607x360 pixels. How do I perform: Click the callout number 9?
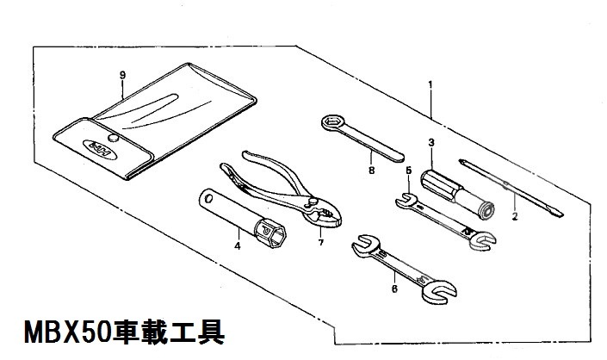tap(123, 74)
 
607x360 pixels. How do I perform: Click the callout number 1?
tap(430, 84)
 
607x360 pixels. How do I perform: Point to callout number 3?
tap(430, 141)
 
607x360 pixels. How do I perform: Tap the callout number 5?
tap(408, 171)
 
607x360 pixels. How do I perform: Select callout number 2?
tap(514, 217)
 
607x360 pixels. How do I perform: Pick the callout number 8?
tap(371, 171)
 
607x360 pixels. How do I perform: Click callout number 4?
tap(236, 246)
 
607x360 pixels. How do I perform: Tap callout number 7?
tap(319, 243)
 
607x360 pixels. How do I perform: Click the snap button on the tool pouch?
tap(112, 138)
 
